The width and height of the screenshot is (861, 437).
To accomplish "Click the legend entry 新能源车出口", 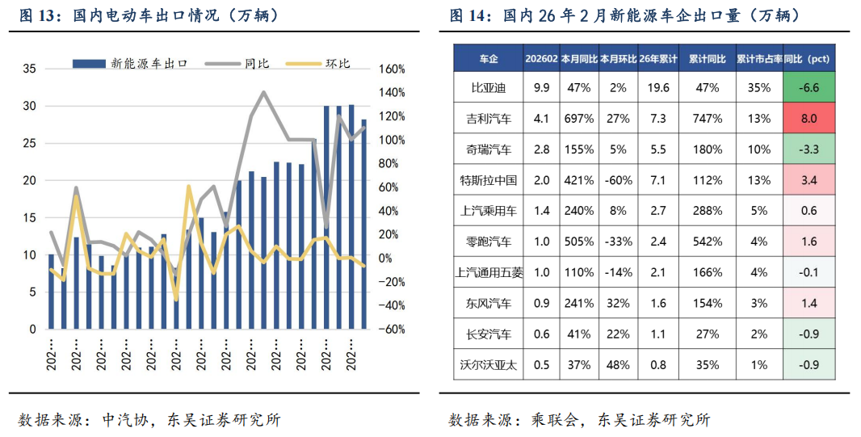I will point(149,63).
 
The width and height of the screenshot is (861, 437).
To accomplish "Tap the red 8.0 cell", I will point(808,119).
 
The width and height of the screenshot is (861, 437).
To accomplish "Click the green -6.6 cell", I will point(808,87).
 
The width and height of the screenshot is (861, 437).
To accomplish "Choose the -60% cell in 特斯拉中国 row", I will point(618,180).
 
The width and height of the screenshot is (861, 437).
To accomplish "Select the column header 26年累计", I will point(657,59).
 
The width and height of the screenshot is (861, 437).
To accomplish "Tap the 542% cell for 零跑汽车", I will point(707,242).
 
